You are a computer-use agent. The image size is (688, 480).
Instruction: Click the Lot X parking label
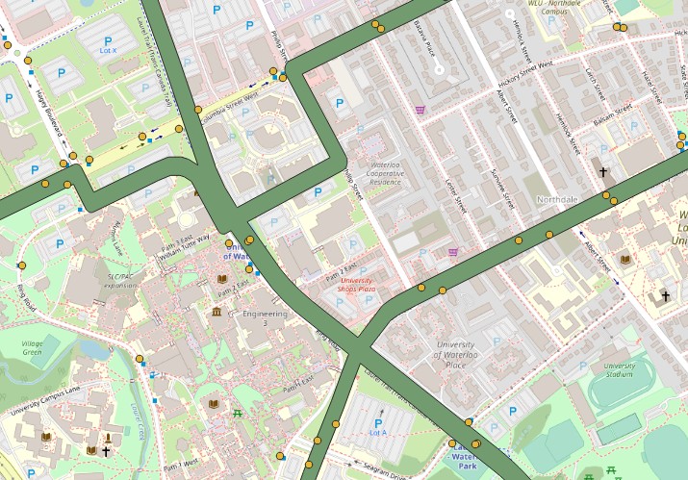[109, 50]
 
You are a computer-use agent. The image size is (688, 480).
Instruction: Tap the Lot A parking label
[377, 434]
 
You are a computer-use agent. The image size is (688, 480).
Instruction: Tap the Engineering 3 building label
[266, 318]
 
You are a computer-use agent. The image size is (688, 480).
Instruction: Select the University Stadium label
[619, 370]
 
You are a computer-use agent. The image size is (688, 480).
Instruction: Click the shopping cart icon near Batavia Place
[420, 110]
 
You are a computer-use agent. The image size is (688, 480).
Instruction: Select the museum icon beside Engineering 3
[217, 312]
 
